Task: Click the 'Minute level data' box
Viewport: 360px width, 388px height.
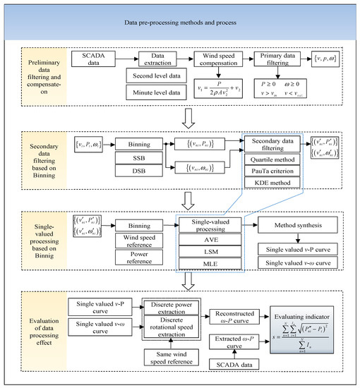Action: click(x=155, y=91)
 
